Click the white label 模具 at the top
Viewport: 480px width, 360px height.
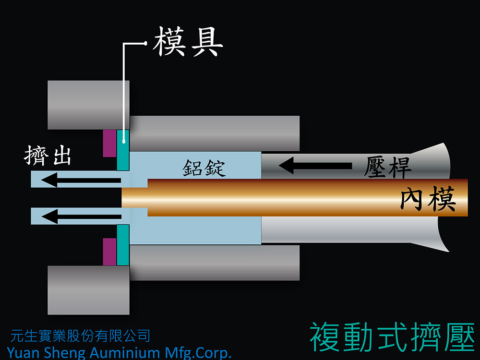pyautogui.click(x=188, y=42)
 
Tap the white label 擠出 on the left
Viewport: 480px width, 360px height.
pyautogui.click(x=48, y=156)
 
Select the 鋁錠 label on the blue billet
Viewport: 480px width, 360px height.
pyautogui.click(x=204, y=168)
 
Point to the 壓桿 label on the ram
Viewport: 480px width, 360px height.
pyautogui.click(x=387, y=167)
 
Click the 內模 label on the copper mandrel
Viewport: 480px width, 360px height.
pyautogui.click(x=428, y=199)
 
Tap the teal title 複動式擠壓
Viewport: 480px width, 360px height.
pyautogui.click(x=392, y=337)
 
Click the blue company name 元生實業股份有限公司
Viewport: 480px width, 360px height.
pyautogui.click(x=80, y=336)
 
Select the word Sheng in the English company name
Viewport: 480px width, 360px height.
pyautogui.click(x=65, y=353)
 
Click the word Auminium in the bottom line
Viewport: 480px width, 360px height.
pyautogui.click(x=125, y=353)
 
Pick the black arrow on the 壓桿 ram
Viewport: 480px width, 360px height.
pyautogui.click(x=315, y=166)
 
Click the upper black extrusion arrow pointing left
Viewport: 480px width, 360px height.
pyautogui.click(x=81, y=180)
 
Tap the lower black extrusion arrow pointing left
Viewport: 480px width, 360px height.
pyautogui.click(x=82, y=216)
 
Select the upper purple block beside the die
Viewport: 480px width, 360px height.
pyautogui.click(x=109, y=143)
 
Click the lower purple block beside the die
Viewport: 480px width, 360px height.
pyautogui.click(x=109, y=252)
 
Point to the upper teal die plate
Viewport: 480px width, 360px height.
pyautogui.click(x=123, y=150)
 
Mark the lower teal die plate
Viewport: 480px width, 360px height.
pyautogui.click(x=123, y=245)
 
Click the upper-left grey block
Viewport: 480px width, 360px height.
pyautogui.click(x=88, y=105)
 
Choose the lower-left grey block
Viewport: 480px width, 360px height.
pyautogui.click(x=88, y=290)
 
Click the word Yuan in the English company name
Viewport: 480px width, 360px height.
pyautogui.click(x=24, y=353)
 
